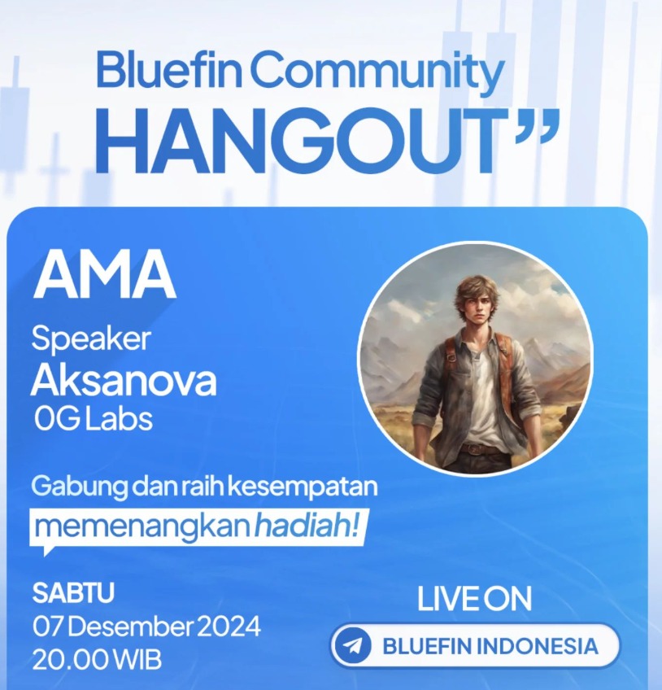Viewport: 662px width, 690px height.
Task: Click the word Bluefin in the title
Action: point(168,70)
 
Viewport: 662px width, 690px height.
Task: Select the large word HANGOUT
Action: point(306,142)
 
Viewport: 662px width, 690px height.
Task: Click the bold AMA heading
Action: point(104,274)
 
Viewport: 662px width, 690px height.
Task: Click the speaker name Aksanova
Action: point(124,380)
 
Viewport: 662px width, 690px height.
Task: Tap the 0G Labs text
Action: point(94,418)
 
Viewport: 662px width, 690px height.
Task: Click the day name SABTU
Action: point(73,592)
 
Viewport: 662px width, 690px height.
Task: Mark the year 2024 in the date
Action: point(229,627)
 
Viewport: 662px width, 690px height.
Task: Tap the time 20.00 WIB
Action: point(97,660)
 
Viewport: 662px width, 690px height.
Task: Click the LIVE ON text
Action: point(474,599)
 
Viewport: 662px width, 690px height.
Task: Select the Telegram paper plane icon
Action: point(353,645)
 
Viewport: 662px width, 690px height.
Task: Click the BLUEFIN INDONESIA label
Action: point(490,646)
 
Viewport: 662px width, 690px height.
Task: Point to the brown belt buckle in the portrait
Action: point(474,449)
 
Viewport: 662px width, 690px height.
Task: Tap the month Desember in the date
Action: point(130,627)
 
